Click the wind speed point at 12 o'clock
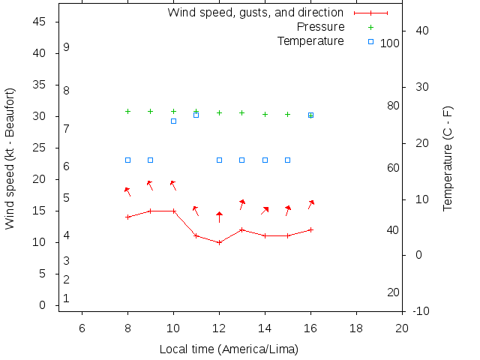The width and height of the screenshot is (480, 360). tap(219, 242)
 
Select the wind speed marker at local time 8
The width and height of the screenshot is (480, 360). tap(127, 217)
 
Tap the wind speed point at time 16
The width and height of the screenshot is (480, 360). tap(310, 229)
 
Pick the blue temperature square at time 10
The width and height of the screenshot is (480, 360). tap(173, 121)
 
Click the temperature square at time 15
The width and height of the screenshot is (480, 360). tap(287, 160)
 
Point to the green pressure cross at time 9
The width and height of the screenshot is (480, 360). tap(150, 111)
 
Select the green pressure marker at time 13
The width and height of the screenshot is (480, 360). tap(241, 112)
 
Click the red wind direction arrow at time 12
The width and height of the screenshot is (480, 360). tap(219, 217)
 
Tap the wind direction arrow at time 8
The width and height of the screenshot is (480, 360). tap(127, 191)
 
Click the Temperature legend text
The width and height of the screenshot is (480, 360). tap(310, 40)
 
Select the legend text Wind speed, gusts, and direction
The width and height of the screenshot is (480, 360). tap(255, 13)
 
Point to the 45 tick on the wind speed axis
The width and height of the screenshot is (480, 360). tap(40, 22)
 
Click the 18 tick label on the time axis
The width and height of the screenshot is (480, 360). tap(356, 327)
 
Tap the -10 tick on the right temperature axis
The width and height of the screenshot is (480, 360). tap(421, 310)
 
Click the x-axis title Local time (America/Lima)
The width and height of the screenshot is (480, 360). tap(229, 349)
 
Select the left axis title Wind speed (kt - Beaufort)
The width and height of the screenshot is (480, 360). tap(10, 158)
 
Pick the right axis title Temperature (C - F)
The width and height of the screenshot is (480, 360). tap(448, 158)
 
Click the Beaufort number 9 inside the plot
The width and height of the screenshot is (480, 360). tap(67, 47)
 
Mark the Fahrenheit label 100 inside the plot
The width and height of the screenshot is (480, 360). tap(389, 43)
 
